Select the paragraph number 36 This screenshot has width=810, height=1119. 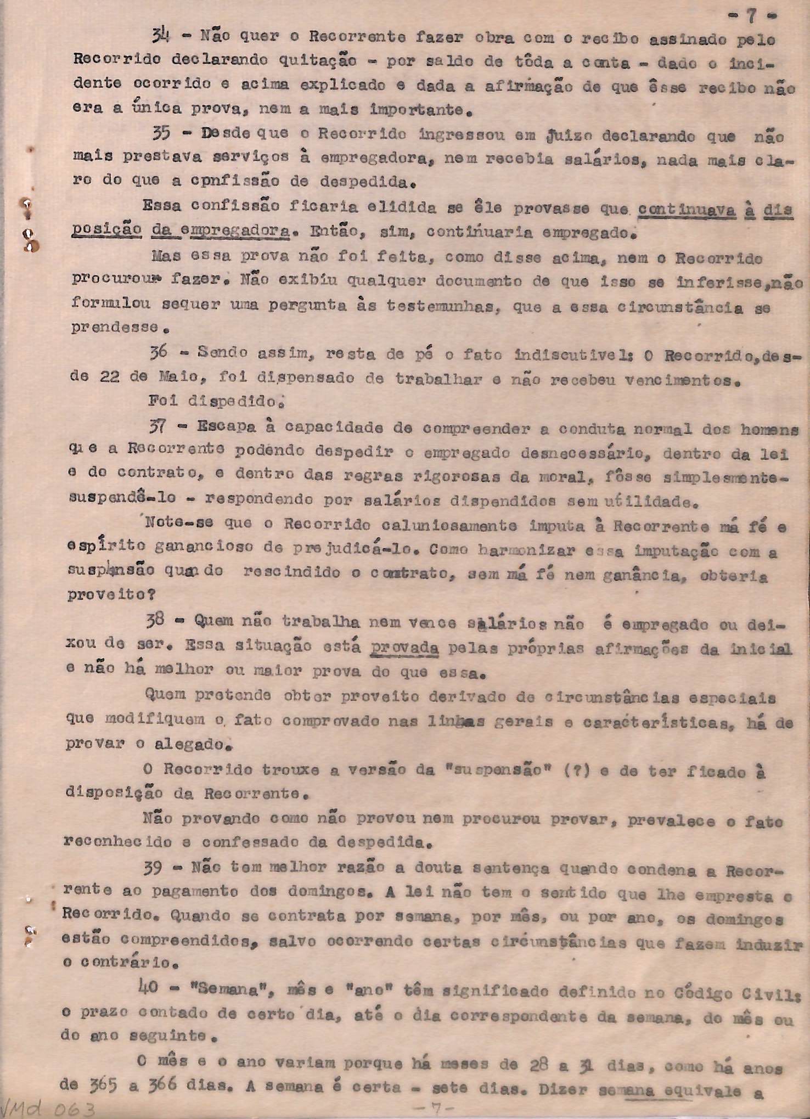tap(159, 352)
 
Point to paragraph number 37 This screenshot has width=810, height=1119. tap(159, 425)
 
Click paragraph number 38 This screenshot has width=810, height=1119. tap(156, 620)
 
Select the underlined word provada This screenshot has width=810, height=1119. tap(404, 648)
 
